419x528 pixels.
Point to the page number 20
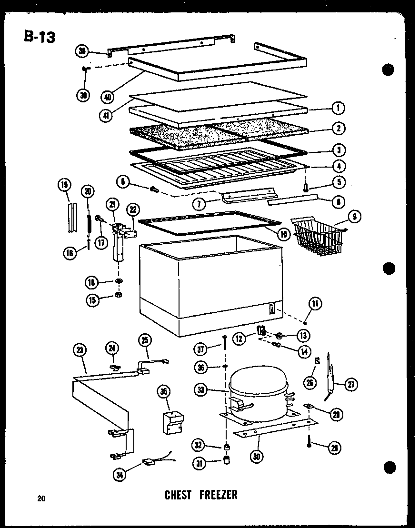tap(42, 498)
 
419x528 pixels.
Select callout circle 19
tap(64, 185)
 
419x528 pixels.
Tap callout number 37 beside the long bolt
tap(202, 350)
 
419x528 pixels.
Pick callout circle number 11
tap(315, 303)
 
